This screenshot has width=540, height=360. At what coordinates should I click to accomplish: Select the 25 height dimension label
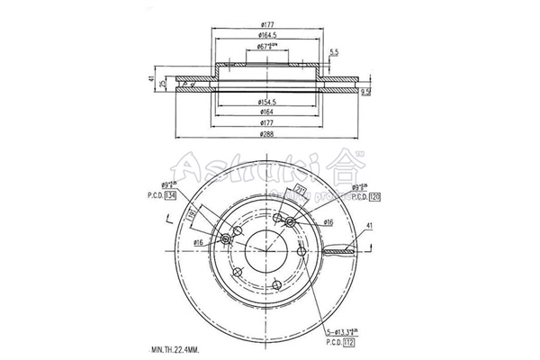click(162, 84)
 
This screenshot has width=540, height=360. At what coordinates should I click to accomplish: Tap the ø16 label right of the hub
click(328, 220)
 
